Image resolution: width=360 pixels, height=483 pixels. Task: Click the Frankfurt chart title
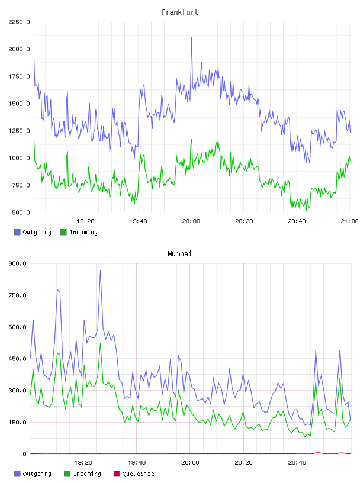click(x=180, y=12)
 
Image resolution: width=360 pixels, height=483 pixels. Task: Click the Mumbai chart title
click(x=179, y=254)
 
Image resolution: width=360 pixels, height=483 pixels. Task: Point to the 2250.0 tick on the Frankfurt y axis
click(x=19, y=22)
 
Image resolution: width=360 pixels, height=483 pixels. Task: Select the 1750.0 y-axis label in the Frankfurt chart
click(x=19, y=76)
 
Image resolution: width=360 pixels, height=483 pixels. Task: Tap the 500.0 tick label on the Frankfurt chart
click(x=21, y=212)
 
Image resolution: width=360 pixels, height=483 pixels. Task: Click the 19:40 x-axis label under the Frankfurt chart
click(x=138, y=221)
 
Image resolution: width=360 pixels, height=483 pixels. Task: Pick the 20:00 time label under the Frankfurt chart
click(x=191, y=221)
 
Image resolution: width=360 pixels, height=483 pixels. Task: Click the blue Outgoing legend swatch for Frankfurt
click(x=17, y=232)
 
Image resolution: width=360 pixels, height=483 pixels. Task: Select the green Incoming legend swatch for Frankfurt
click(x=63, y=232)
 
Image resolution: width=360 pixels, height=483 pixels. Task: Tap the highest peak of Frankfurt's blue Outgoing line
click(x=192, y=37)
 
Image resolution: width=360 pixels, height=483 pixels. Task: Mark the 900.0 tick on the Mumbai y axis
click(x=18, y=263)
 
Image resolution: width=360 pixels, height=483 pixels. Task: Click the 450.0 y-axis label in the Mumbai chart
click(x=18, y=359)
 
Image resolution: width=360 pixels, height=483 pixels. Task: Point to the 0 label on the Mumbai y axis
click(x=25, y=454)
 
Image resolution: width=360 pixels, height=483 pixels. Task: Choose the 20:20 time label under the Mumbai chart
click(x=243, y=463)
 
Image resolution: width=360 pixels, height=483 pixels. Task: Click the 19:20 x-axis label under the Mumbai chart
click(x=83, y=463)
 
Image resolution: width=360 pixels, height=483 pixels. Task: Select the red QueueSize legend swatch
click(x=117, y=474)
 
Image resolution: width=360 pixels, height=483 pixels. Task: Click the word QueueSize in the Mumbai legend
click(x=139, y=474)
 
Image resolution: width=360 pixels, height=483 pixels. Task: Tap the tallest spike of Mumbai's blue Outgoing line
click(x=100, y=271)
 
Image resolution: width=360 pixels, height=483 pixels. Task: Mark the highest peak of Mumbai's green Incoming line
click(x=100, y=343)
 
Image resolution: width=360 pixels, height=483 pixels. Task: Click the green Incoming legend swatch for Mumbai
click(x=67, y=474)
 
